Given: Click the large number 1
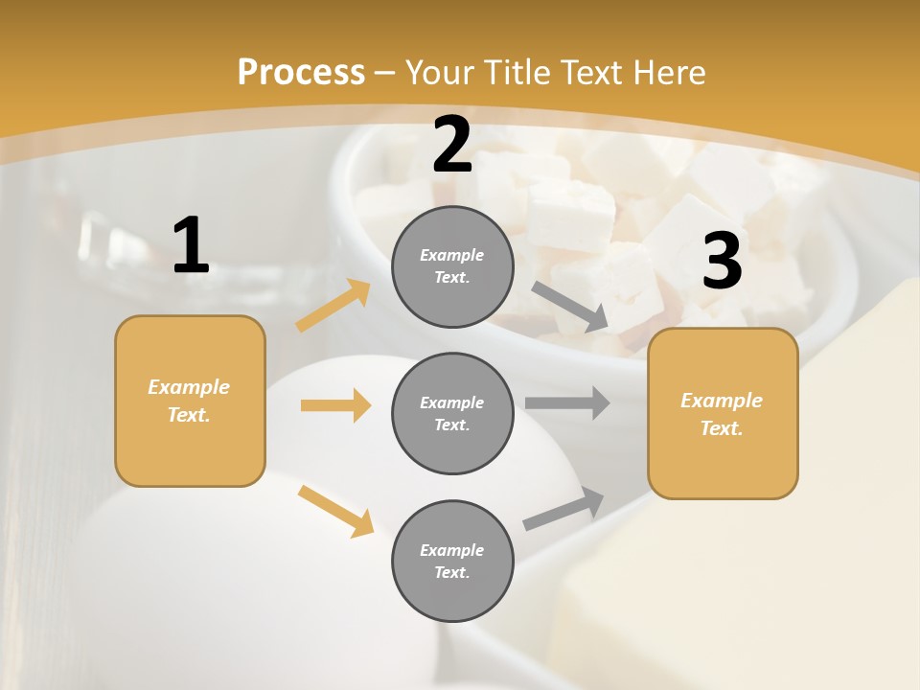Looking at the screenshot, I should pos(191,246).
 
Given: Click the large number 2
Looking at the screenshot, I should pos(451,145).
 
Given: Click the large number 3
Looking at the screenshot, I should pos(722,262).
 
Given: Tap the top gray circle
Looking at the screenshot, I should pos(452,266).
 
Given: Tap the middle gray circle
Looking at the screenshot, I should pos(452,413).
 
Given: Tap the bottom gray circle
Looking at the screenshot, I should pos(452,561).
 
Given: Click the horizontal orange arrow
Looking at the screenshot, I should pos(335,405).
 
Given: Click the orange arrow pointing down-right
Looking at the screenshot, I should pos(335,511).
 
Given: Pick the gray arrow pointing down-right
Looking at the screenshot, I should pos(569,306).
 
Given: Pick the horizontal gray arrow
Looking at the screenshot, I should pos(566,403).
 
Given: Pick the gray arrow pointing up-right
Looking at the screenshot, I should pos(563,509).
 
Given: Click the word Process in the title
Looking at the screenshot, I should pos(301,72).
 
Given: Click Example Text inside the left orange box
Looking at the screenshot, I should pos(189,401).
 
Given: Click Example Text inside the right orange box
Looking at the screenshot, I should pos(722,414).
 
